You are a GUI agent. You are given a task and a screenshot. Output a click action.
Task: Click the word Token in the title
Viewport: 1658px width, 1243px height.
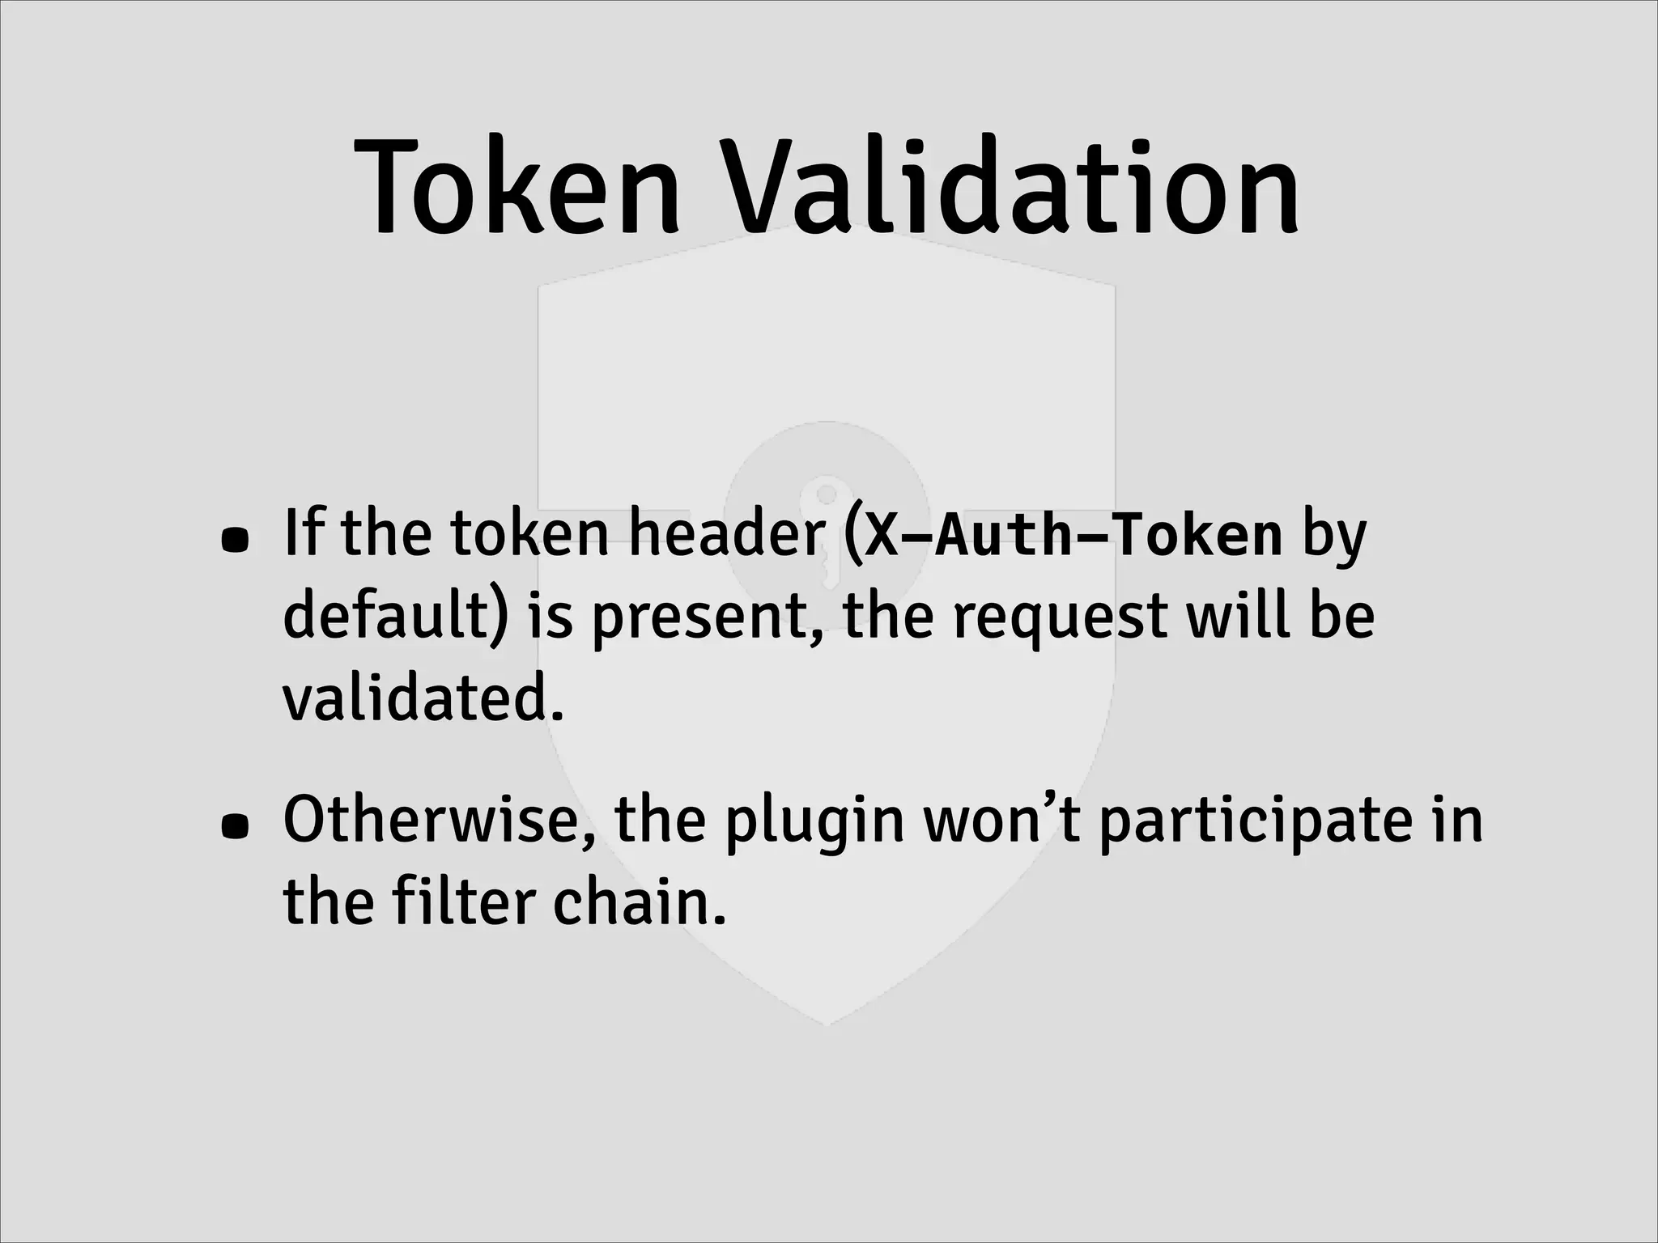pos(518,188)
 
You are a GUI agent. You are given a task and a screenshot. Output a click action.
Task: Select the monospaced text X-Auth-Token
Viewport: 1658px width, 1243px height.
pos(1073,537)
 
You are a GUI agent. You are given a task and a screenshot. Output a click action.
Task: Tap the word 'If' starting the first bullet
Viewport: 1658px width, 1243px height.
pos(303,535)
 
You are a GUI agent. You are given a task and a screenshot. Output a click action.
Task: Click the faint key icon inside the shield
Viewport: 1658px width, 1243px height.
pos(826,518)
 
